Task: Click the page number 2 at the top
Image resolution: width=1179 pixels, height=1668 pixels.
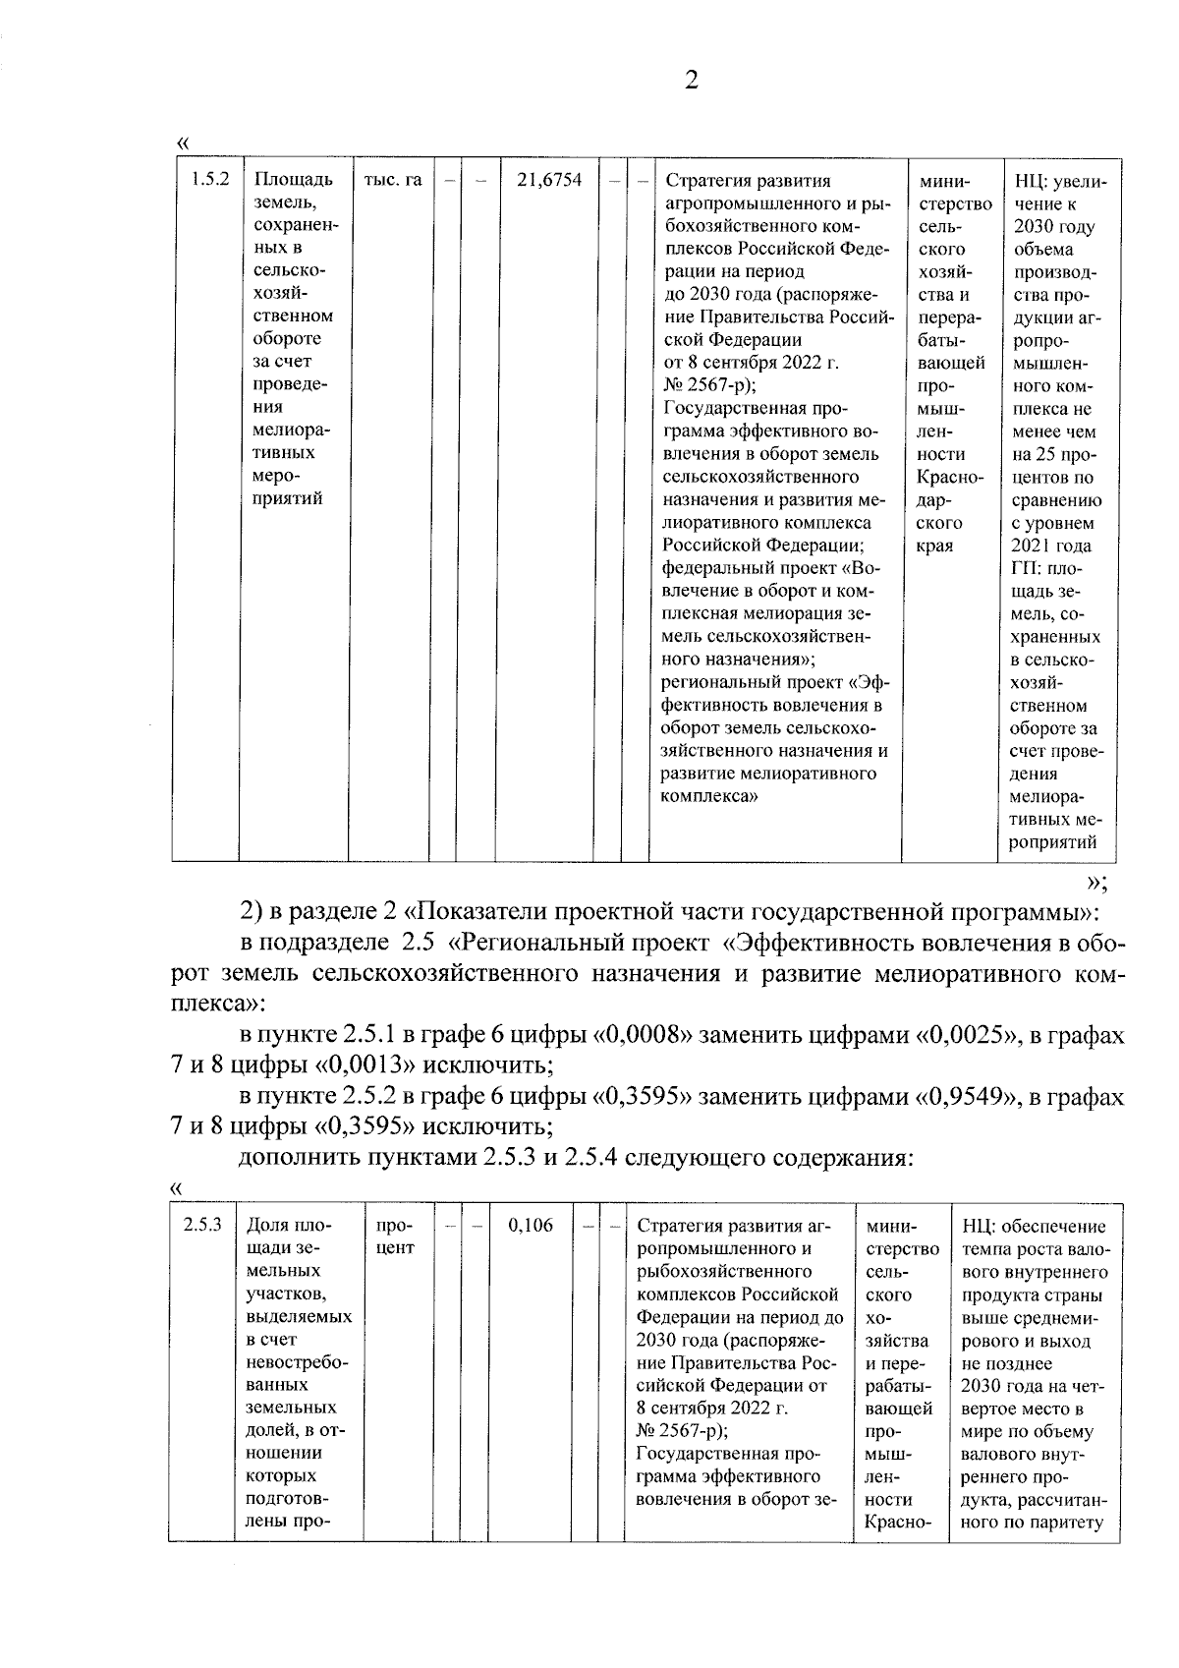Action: click(x=691, y=81)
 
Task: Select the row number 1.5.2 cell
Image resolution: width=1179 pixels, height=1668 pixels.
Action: click(x=209, y=179)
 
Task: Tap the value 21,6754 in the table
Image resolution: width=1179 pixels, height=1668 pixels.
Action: click(x=548, y=179)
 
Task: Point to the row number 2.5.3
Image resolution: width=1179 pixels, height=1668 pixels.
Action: click(x=202, y=1225)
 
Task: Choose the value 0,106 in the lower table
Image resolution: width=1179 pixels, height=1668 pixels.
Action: click(x=531, y=1225)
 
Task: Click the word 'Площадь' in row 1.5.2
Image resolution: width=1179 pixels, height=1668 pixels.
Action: click(x=293, y=179)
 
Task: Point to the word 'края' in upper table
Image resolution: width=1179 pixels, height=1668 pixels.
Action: click(x=933, y=546)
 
